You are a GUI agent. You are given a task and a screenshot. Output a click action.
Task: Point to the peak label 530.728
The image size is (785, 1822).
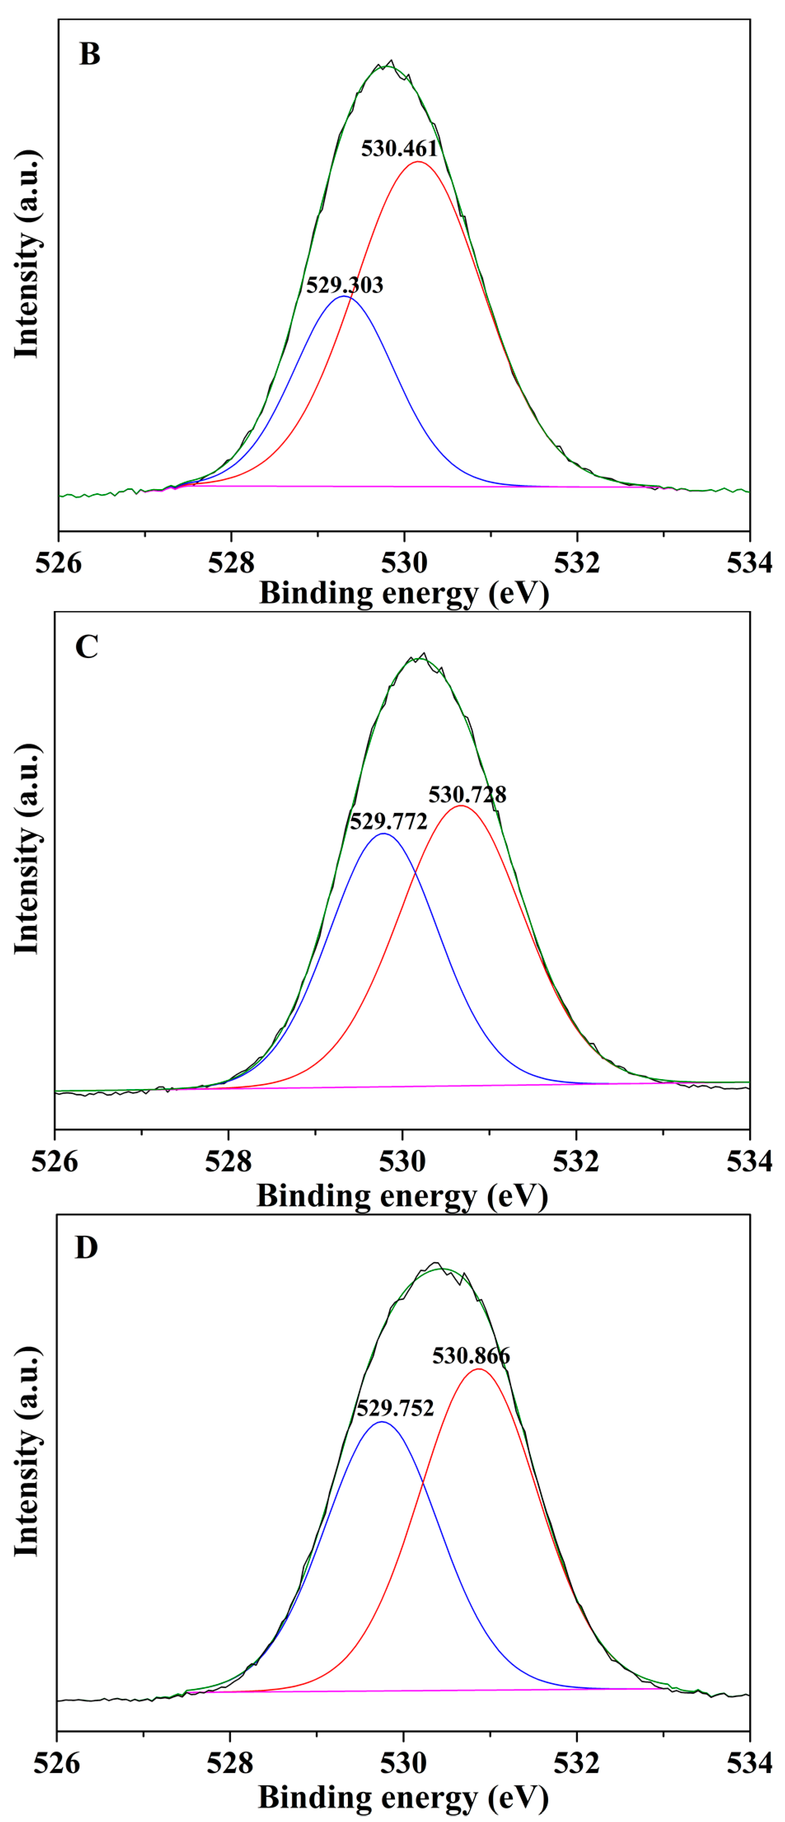(467, 794)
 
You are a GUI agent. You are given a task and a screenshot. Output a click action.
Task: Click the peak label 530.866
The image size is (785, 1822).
(471, 1356)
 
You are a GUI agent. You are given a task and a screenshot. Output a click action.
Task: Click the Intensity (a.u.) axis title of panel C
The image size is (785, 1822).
(27, 849)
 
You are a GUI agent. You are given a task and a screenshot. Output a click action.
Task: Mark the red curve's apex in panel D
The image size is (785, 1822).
(479, 1369)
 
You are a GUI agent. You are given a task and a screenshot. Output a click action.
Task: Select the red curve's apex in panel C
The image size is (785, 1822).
(461, 806)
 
